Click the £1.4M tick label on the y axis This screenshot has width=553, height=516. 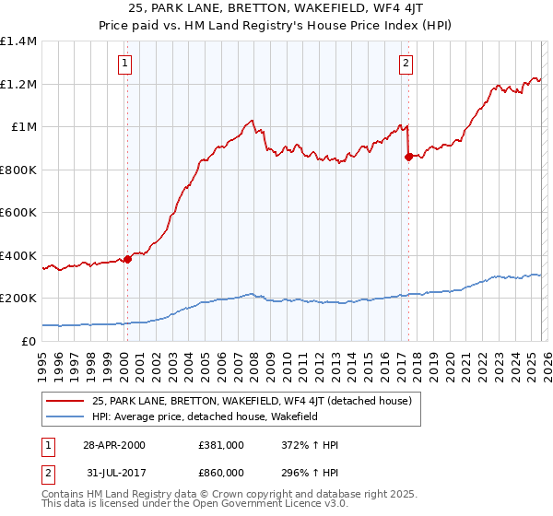(x=18, y=41)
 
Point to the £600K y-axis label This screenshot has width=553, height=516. (x=18, y=212)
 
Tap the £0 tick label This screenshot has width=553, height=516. (x=29, y=341)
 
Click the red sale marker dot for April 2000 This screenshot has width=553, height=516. (x=128, y=259)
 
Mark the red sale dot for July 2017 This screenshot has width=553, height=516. (x=408, y=157)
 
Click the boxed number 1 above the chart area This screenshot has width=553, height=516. (x=124, y=64)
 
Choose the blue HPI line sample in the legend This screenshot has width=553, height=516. (x=65, y=416)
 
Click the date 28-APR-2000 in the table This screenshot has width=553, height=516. (x=114, y=445)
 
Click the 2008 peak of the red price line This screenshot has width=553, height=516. (x=251, y=120)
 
